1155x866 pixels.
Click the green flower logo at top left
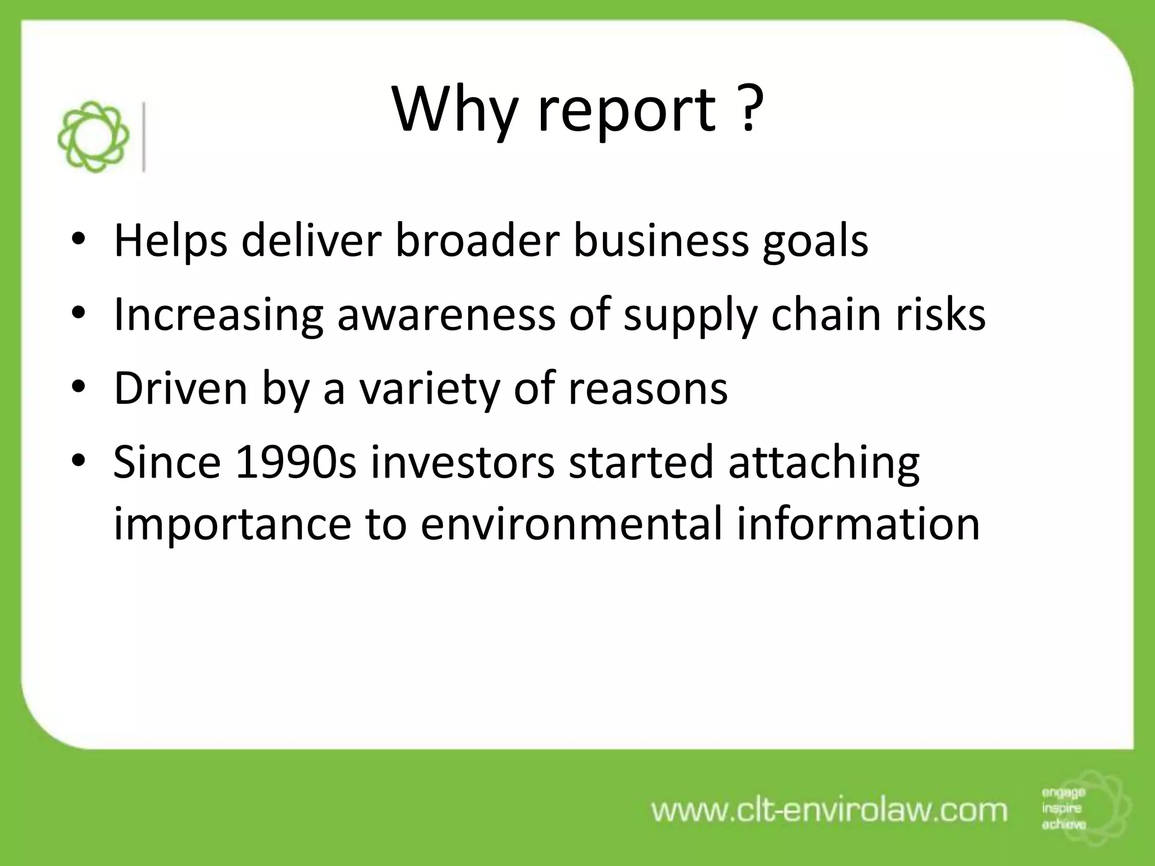pyautogui.click(x=93, y=136)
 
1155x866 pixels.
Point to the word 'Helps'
pyautogui.click(x=171, y=241)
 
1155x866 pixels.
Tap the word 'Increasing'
pyautogui.click(x=218, y=316)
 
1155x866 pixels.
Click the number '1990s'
pyautogui.click(x=296, y=462)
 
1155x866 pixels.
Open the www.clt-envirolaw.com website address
pyautogui.click(x=829, y=810)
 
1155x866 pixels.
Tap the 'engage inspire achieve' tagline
pyautogui.click(x=1063, y=808)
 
